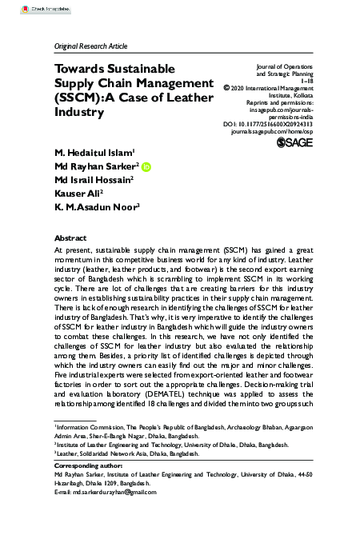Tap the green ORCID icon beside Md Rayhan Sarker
[146, 166]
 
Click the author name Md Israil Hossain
[92, 180]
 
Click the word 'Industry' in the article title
[79, 113]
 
